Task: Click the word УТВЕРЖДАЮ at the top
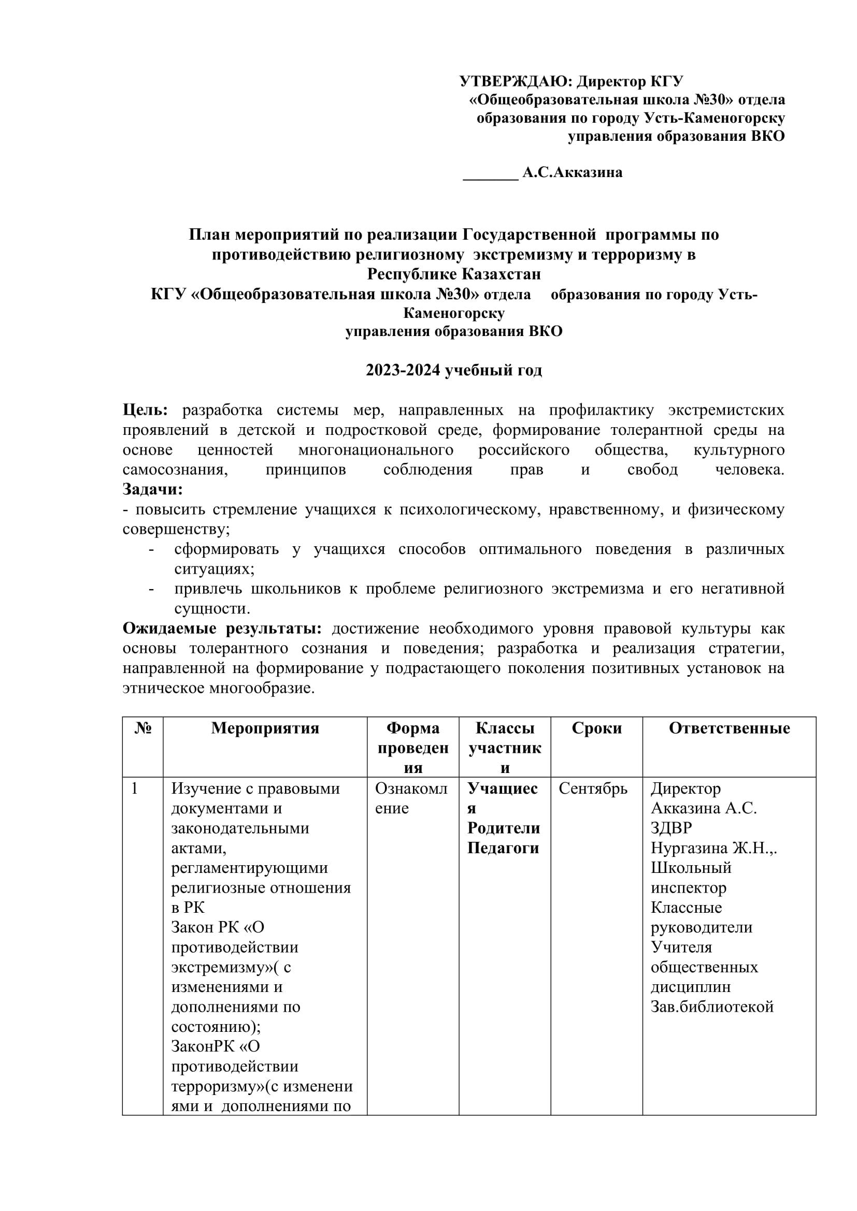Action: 515,82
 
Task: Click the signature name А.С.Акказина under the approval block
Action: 572,172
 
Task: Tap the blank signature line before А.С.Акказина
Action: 490,177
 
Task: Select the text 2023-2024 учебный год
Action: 454,370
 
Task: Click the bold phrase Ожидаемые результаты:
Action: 222,628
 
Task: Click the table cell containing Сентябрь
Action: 593,789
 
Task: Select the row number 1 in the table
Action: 135,789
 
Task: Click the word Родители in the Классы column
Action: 504,828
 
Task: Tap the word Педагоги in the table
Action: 503,848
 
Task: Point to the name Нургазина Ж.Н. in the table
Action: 712,848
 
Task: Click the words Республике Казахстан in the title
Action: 454,274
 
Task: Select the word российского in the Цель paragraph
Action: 523,450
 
